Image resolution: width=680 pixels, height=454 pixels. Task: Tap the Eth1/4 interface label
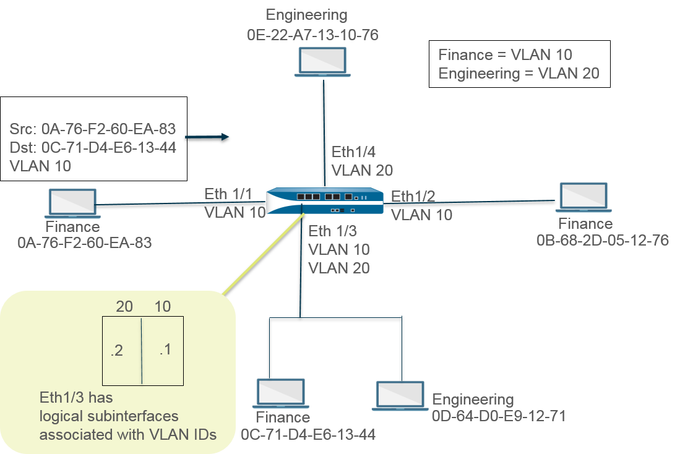pyautogui.click(x=355, y=152)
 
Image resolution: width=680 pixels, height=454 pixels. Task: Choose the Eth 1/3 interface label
pyautogui.click(x=332, y=231)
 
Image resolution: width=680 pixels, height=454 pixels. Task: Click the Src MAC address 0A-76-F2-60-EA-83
pyautogui.click(x=109, y=130)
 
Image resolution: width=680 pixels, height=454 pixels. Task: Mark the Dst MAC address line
pyautogui.click(x=93, y=148)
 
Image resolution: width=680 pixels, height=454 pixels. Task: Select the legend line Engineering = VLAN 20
pyautogui.click(x=519, y=73)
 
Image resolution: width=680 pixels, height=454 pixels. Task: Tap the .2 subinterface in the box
pyautogui.click(x=116, y=351)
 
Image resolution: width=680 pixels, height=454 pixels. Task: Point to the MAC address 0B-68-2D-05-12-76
pyautogui.click(x=603, y=240)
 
